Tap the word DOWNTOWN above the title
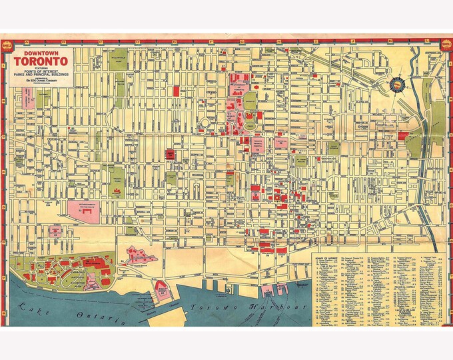(x=41, y=54)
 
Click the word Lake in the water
(x=29, y=307)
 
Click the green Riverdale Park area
(x=438, y=120)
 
